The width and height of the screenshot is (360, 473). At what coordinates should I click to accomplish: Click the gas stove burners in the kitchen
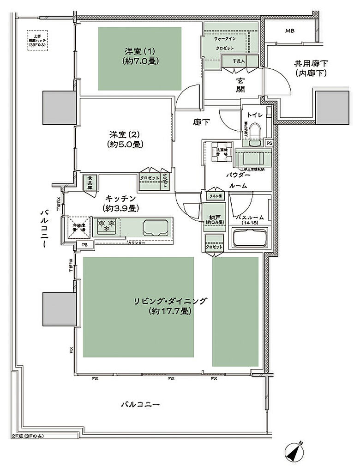click(x=106, y=226)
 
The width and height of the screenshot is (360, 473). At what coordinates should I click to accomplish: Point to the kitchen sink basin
click(x=156, y=227)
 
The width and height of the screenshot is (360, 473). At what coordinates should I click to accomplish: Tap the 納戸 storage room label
click(x=215, y=218)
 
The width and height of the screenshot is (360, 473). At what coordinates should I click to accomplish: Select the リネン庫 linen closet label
click(x=215, y=196)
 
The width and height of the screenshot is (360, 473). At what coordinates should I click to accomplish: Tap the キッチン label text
click(x=120, y=203)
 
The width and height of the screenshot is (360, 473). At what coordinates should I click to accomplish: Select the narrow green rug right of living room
click(x=235, y=312)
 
